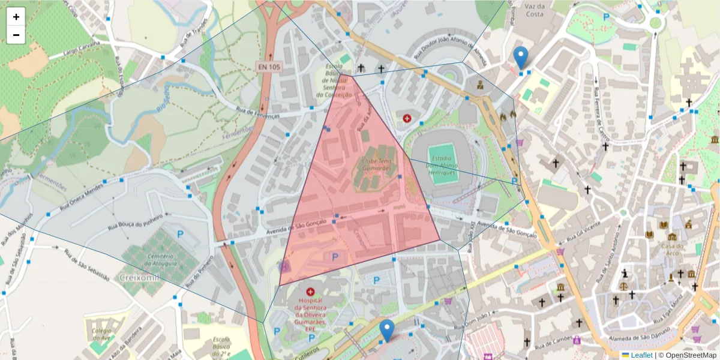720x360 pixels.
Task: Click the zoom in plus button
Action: pyautogui.click(x=16, y=17)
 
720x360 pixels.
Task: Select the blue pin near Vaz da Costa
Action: pyautogui.click(x=521, y=57)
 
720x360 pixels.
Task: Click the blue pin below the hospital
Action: pyautogui.click(x=388, y=330)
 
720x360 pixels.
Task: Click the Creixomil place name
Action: pyautogui.click(x=137, y=277)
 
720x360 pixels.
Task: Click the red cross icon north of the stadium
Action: pyautogui.click(x=408, y=118)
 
